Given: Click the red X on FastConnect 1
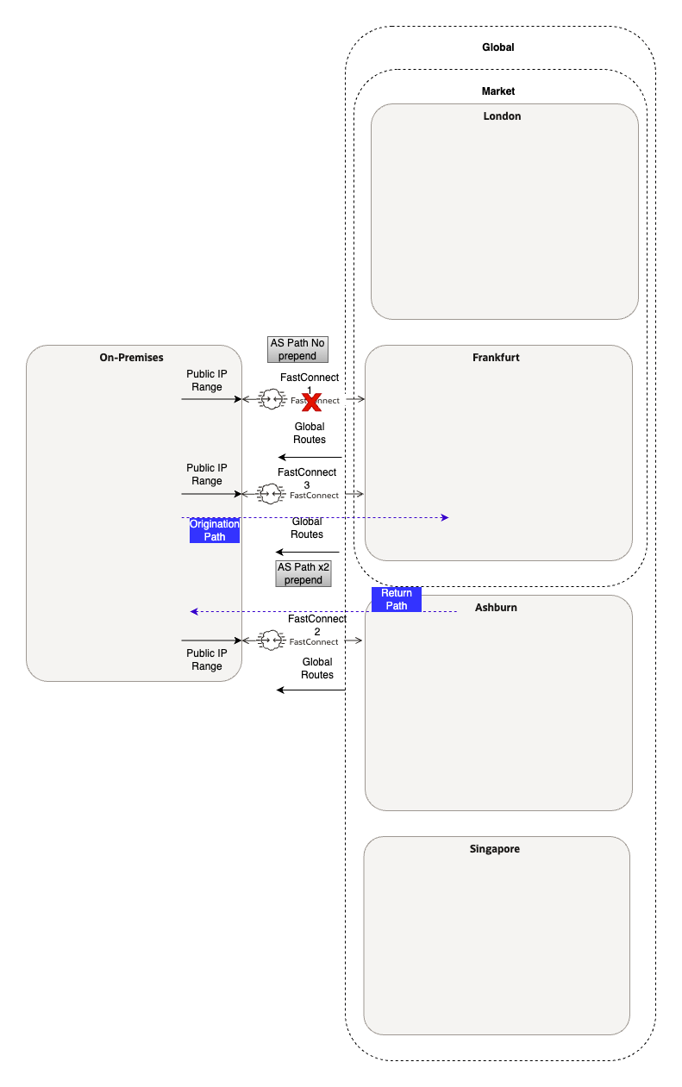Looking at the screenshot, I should [x=311, y=401].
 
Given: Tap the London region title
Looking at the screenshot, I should [x=502, y=116].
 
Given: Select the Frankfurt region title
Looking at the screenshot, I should [x=496, y=357].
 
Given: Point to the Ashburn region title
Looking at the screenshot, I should [x=496, y=608].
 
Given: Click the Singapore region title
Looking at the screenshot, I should [x=494, y=849].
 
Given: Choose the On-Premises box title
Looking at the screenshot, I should [x=131, y=357].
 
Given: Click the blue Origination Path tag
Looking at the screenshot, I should [x=214, y=530].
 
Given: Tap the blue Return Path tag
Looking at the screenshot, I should [x=396, y=599].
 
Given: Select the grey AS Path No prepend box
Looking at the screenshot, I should [x=297, y=349].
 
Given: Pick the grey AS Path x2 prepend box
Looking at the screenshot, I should [x=303, y=573].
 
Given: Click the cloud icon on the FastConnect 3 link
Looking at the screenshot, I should [x=271, y=494].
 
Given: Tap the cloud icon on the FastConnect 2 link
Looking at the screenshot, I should [x=271, y=640].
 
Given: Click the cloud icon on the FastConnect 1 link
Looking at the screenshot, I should [x=271, y=399].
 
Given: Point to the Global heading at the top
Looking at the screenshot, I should [x=497, y=47].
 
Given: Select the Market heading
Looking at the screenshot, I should [x=497, y=91].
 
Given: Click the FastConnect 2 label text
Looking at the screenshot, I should [x=316, y=625].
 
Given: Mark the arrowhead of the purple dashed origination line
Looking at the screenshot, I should [x=445, y=517].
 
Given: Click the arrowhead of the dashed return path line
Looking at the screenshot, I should [x=195, y=611].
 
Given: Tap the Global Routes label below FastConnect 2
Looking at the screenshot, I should [x=316, y=668].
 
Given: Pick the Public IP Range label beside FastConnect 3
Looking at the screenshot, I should [x=206, y=474].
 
